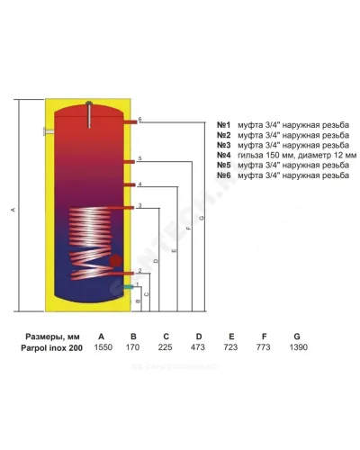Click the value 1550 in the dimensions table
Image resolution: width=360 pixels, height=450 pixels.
click(x=103, y=347)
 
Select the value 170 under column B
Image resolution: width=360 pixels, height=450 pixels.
click(x=132, y=347)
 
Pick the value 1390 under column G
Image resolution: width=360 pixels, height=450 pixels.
click(x=299, y=347)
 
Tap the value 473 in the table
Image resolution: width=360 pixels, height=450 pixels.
click(x=198, y=347)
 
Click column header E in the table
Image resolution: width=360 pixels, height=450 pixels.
click(x=231, y=337)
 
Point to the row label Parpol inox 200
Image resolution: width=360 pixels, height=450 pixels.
click(x=51, y=348)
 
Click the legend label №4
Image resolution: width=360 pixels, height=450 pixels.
click(x=224, y=155)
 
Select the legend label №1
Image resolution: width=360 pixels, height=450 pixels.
click(x=224, y=125)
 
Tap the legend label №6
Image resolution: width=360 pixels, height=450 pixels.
click(x=224, y=175)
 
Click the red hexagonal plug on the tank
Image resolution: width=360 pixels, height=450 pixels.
click(x=115, y=261)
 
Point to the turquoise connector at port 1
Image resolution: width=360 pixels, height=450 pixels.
click(x=129, y=287)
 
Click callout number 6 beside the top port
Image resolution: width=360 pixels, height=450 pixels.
click(x=139, y=120)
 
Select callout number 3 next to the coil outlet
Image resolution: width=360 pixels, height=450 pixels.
click(x=139, y=206)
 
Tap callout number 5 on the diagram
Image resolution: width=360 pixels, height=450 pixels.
click(x=139, y=158)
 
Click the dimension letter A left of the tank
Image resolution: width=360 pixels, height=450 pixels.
click(x=13, y=210)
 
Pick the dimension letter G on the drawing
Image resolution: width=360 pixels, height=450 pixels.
click(x=202, y=218)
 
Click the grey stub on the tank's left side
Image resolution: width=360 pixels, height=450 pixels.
click(x=49, y=131)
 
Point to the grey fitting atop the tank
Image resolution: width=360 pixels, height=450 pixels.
click(x=89, y=114)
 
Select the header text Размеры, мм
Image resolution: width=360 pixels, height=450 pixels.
click(x=52, y=337)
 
